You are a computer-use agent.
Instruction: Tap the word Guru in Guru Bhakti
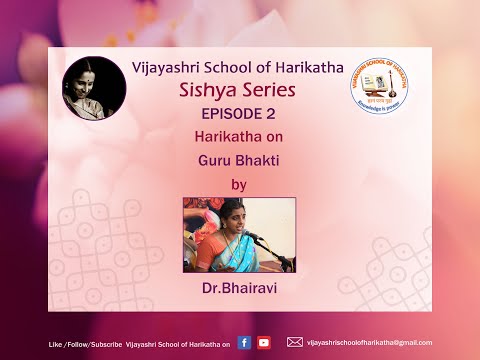[213, 158]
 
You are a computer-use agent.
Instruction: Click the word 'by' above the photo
[238, 183]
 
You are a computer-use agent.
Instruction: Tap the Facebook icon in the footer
[246, 342]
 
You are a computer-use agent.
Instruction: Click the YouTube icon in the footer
[264, 342]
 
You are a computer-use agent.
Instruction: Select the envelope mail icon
[295, 342]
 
